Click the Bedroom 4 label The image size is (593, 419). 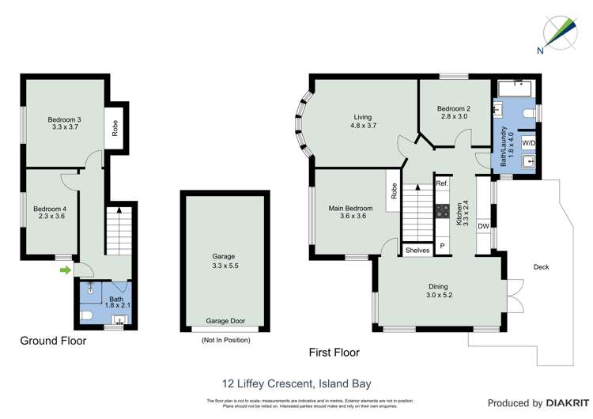49,209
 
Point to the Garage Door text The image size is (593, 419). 225,321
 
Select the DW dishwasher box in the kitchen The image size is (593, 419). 482,225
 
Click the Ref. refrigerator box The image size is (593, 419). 442,183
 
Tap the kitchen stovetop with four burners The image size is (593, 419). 442,212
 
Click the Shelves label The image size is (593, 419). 417,250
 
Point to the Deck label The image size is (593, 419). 541,267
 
